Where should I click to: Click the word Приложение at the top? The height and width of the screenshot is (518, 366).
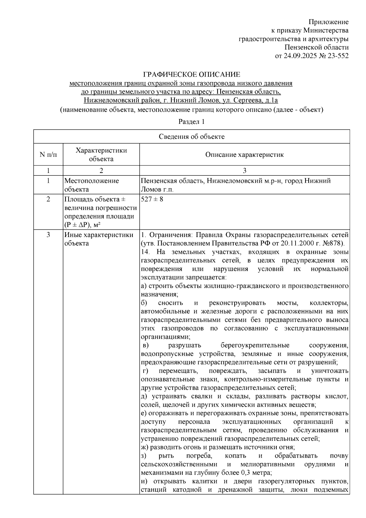click(328, 22)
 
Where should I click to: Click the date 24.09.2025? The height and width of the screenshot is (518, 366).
click(299, 56)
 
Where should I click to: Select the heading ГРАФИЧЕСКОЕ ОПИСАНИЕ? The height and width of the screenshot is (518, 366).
click(192, 75)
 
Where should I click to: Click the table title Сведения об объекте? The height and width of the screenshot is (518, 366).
click(192, 137)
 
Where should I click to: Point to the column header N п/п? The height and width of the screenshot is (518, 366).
click(48, 155)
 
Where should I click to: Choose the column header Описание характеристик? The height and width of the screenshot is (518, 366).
click(244, 155)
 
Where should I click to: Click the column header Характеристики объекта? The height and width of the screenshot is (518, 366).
click(101, 155)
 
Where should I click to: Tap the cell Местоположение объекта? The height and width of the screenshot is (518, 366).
click(91, 185)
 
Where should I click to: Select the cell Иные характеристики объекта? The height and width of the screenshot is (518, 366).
click(99, 239)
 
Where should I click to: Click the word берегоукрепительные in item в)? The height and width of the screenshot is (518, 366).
click(255, 346)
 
